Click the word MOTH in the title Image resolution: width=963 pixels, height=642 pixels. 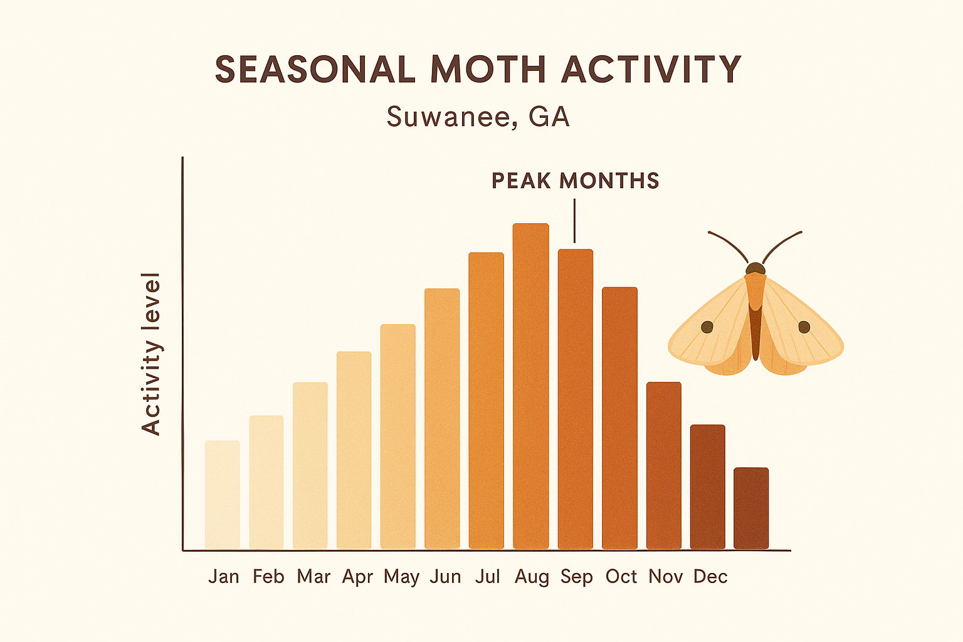(x=488, y=69)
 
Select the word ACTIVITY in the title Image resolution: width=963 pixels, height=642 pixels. (x=651, y=69)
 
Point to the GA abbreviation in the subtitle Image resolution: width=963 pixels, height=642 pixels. (x=549, y=117)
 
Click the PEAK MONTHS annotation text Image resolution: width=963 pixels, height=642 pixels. (x=575, y=181)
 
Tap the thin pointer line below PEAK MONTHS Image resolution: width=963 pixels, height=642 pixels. (x=574, y=221)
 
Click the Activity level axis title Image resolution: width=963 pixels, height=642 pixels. (x=151, y=354)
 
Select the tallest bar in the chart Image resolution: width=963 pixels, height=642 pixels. (x=530, y=386)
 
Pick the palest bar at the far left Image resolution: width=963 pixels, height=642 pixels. (x=222, y=495)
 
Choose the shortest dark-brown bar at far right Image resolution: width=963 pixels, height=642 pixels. (x=751, y=508)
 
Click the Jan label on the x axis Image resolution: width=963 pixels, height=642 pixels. (x=224, y=576)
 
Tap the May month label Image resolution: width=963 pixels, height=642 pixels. (x=401, y=577)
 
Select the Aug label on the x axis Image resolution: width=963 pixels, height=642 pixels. (x=532, y=577)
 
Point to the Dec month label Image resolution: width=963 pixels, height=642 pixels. (x=710, y=576)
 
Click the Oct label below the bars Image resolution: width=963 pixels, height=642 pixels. (x=621, y=576)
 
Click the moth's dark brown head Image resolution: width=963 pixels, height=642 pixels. (x=755, y=269)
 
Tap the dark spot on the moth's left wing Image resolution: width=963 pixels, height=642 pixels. (x=707, y=327)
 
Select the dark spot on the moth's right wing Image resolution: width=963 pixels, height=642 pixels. (x=804, y=327)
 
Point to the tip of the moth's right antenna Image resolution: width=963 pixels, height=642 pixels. (x=801, y=233)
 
